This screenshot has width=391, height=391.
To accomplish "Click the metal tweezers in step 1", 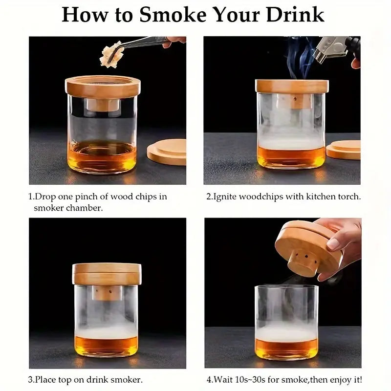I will click(x=142, y=43).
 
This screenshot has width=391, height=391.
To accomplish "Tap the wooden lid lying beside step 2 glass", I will click(x=344, y=150).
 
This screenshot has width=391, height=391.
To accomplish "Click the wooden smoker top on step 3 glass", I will click(x=107, y=274).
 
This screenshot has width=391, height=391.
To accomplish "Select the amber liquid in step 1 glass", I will click(x=102, y=155).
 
